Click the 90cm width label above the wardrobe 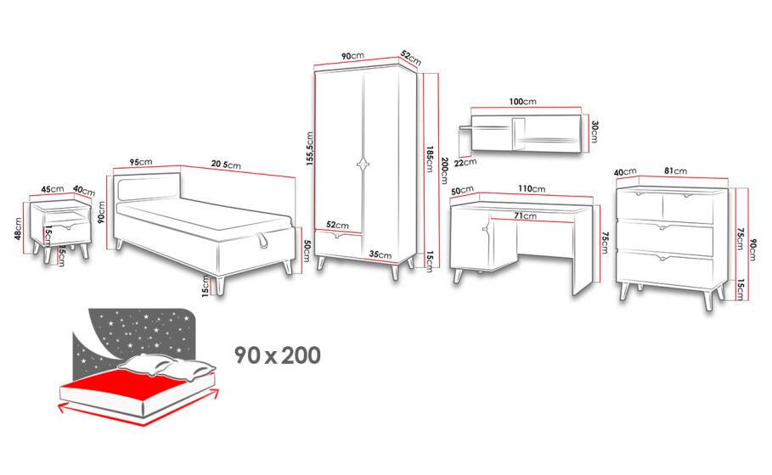coord(352,56)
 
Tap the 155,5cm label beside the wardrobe coord(310,148)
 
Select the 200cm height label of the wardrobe coord(444,170)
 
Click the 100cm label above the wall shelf coord(523,102)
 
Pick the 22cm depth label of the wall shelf coord(465,162)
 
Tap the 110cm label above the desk coord(532,188)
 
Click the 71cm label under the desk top coord(526,215)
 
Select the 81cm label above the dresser coord(675,170)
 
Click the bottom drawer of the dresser coord(665,269)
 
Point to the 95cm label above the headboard coord(141,162)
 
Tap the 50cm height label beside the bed coord(307,251)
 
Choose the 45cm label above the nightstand coord(53,189)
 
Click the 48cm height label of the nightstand coord(19,229)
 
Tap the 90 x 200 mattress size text coord(278,355)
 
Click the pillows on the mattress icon coord(168,366)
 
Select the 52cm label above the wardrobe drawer coord(337,225)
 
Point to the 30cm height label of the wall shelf coord(594,131)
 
